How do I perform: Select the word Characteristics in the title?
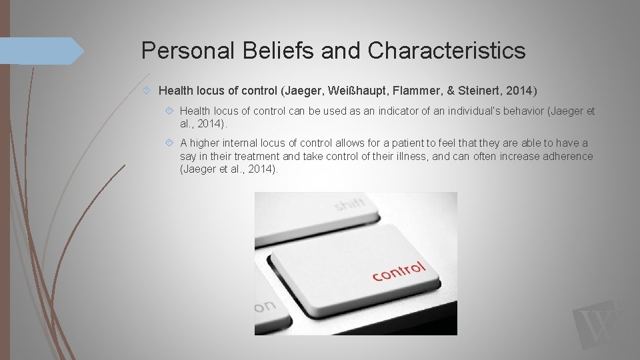446,51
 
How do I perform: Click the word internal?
243,143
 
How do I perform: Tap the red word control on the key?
398,271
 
